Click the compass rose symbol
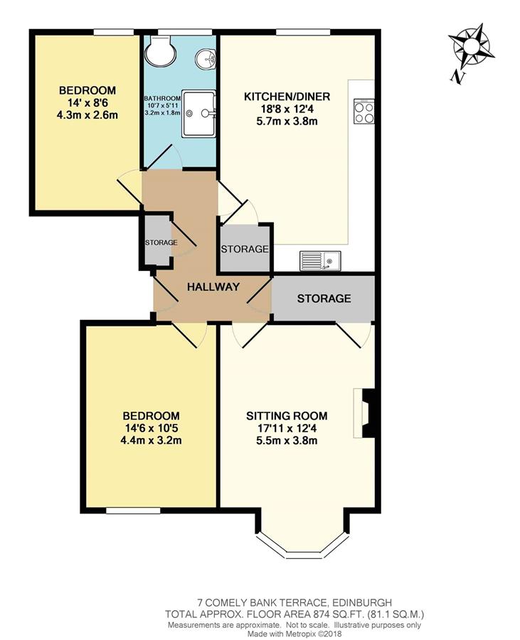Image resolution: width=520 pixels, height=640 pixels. point(472,46)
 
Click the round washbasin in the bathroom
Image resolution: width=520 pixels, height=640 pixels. point(206,58)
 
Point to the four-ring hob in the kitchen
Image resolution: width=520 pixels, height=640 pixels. point(364,111)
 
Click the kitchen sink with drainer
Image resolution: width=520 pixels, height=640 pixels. point(320,260)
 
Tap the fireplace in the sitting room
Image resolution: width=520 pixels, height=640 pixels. point(364,413)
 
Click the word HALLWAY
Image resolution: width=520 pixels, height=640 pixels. point(213,287)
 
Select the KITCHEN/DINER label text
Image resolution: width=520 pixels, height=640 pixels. point(287,97)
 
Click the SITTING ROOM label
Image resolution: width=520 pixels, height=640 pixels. point(287,416)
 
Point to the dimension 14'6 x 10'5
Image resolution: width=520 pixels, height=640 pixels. point(152,428)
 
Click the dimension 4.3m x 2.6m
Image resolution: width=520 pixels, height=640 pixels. point(87,115)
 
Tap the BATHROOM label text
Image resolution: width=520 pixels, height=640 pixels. point(162,98)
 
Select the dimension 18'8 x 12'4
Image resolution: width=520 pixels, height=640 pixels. point(287,109)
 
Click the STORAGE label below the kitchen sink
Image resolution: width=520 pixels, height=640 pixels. point(324,299)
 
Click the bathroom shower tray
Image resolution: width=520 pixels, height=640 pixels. point(198,114)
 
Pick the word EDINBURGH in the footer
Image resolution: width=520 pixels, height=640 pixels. point(362,602)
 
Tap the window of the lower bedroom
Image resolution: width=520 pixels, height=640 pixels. point(133,511)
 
